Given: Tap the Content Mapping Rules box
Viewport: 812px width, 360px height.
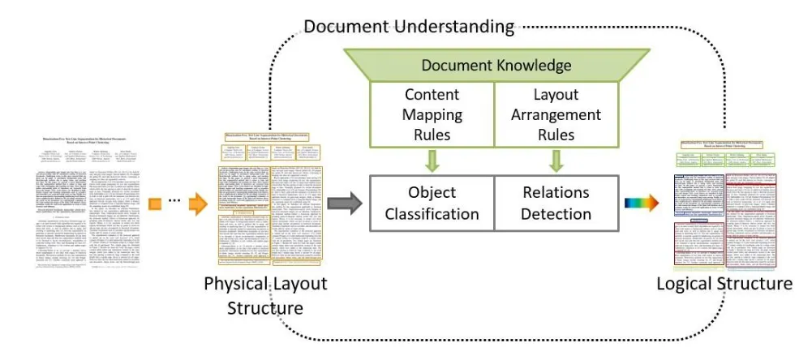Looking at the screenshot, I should click(x=432, y=114).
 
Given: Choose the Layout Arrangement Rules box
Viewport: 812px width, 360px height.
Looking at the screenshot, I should click(x=557, y=114).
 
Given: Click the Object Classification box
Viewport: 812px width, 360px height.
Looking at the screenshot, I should click(x=432, y=203).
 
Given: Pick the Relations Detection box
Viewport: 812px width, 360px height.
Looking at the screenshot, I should click(x=557, y=203).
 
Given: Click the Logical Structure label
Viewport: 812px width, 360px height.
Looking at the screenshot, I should click(x=724, y=283).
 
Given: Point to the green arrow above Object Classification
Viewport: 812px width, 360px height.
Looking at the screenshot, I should click(x=432, y=160).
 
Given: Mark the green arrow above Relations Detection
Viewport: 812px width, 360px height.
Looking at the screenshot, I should click(x=557, y=160).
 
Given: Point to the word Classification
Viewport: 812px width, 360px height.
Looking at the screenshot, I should click(x=432, y=214).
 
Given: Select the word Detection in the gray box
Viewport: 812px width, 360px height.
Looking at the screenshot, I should click(x=557, y=214).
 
